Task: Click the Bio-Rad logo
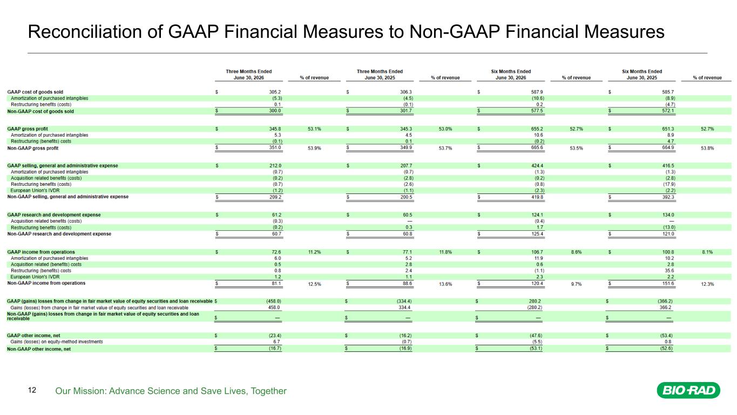click(688, 390)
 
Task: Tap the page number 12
click(32, 390)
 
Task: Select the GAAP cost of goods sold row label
click(35, 92)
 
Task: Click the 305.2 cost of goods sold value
click(275, 92)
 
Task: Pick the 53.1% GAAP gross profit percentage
click(314, 129)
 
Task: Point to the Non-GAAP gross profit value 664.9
click(668, 147)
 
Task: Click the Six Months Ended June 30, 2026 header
click(511, 75)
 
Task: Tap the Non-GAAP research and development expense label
click(59, 234)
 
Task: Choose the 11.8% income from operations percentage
click(445, 252)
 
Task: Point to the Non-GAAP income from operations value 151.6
click(668, 283)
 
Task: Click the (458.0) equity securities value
click(273, 301)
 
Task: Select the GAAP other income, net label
click(33, 336)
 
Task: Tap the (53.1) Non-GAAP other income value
click(536, 348)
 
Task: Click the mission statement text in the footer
click(171, 391)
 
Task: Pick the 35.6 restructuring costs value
click(669, 271)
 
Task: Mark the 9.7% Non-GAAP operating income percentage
click(576, 284)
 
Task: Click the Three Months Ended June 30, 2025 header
click(380, 75)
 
